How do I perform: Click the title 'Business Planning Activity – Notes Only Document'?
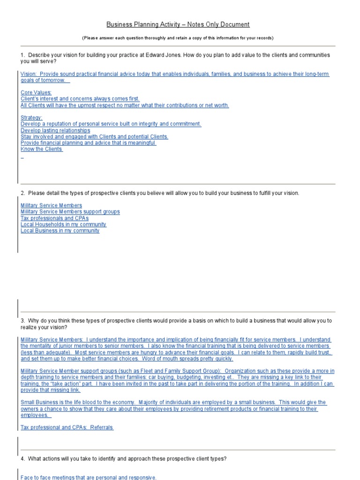pyautogui.click(x=178, y=24)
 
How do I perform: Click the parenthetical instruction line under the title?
pyautogui.click(x=178, y=37)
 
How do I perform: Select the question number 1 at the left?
pyautogui.click(x=22, y=55)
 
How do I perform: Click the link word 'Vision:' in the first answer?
pyautogui.click(x=29, y=74)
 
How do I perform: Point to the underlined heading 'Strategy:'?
pyautogui.click(x=31, y=118)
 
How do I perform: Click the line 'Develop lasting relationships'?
pyautogui.click(x=55, y=130)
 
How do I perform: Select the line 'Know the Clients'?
pyautogui.click(x=41, y=149)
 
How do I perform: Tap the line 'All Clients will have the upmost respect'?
pyautogui.click(x=125, y=105)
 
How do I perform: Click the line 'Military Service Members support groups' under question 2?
pyautogui.click(x=70, y=212)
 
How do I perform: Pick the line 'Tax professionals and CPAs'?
pyautogui.click(x=54, y=218)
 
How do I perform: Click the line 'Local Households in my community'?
pyautogui.click(x=63, y=225)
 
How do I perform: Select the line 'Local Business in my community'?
pyautogui.click(x=60, y=231)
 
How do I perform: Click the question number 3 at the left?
pyautogui.click(x=22, y=321)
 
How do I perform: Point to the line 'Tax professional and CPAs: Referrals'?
pyautogui.click(x=67, y=427)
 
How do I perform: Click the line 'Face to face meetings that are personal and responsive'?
pyautogui.click(x=89, y=477)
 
